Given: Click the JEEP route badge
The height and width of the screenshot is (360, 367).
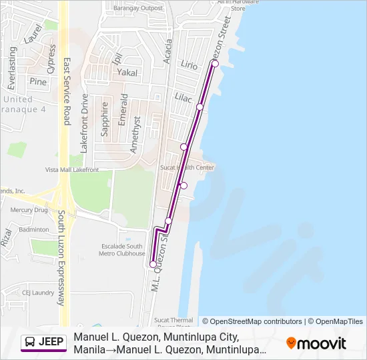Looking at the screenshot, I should (43, 342).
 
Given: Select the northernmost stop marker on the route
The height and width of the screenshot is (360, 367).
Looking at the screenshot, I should (215, 63).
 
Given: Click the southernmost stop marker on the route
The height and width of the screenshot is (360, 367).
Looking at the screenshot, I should (153, 265).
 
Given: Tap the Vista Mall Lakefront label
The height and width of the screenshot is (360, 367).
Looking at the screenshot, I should (72, 170).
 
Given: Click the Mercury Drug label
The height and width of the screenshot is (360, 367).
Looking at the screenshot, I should (29, 210).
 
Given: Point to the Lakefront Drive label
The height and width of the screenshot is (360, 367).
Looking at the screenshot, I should (84, 124).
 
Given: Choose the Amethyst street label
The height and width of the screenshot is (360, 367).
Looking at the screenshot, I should (135, 134).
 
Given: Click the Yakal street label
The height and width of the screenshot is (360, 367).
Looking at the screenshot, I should (126, 71).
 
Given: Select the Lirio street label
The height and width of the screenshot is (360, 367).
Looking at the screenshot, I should (190, 65).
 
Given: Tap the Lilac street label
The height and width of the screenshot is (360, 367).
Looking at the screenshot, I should (183, 97).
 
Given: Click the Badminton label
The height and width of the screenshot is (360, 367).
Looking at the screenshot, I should (34, 229).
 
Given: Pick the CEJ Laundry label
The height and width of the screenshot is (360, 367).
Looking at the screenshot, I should (38, 292).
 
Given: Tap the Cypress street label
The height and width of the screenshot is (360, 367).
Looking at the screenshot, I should (51, 59).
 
